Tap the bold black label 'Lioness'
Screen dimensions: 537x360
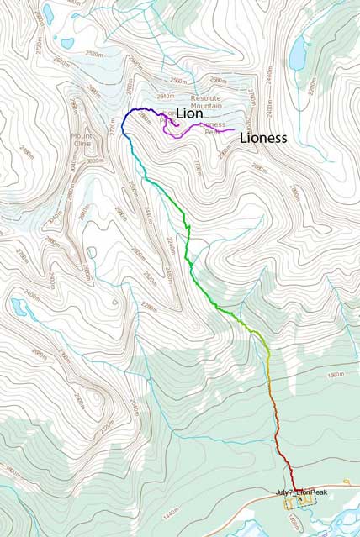tap(263, 137)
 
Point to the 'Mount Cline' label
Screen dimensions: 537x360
tap(82, 139)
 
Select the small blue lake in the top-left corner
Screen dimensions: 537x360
tap(48, 13)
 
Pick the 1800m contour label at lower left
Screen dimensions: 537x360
tap(9, 473)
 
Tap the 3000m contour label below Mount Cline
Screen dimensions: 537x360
tap(95, 161)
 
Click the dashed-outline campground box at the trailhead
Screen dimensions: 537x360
tap(299, 502)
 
